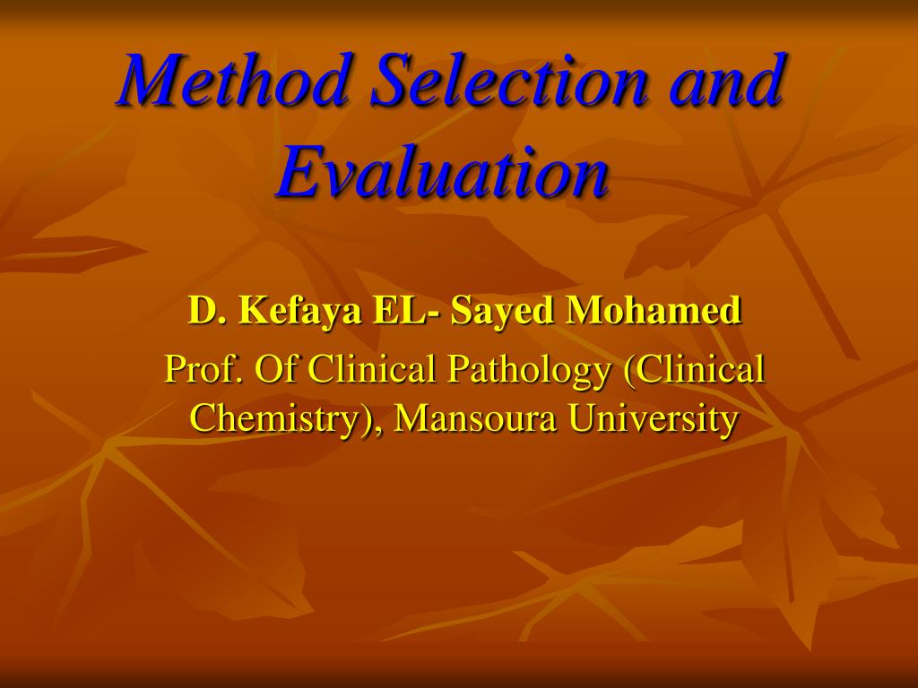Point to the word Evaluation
pyautogui.click(x=443, y=172)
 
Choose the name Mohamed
pyautogui.click(x=653, y=311)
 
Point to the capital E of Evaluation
pyautogui.click(x=297, y=172)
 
